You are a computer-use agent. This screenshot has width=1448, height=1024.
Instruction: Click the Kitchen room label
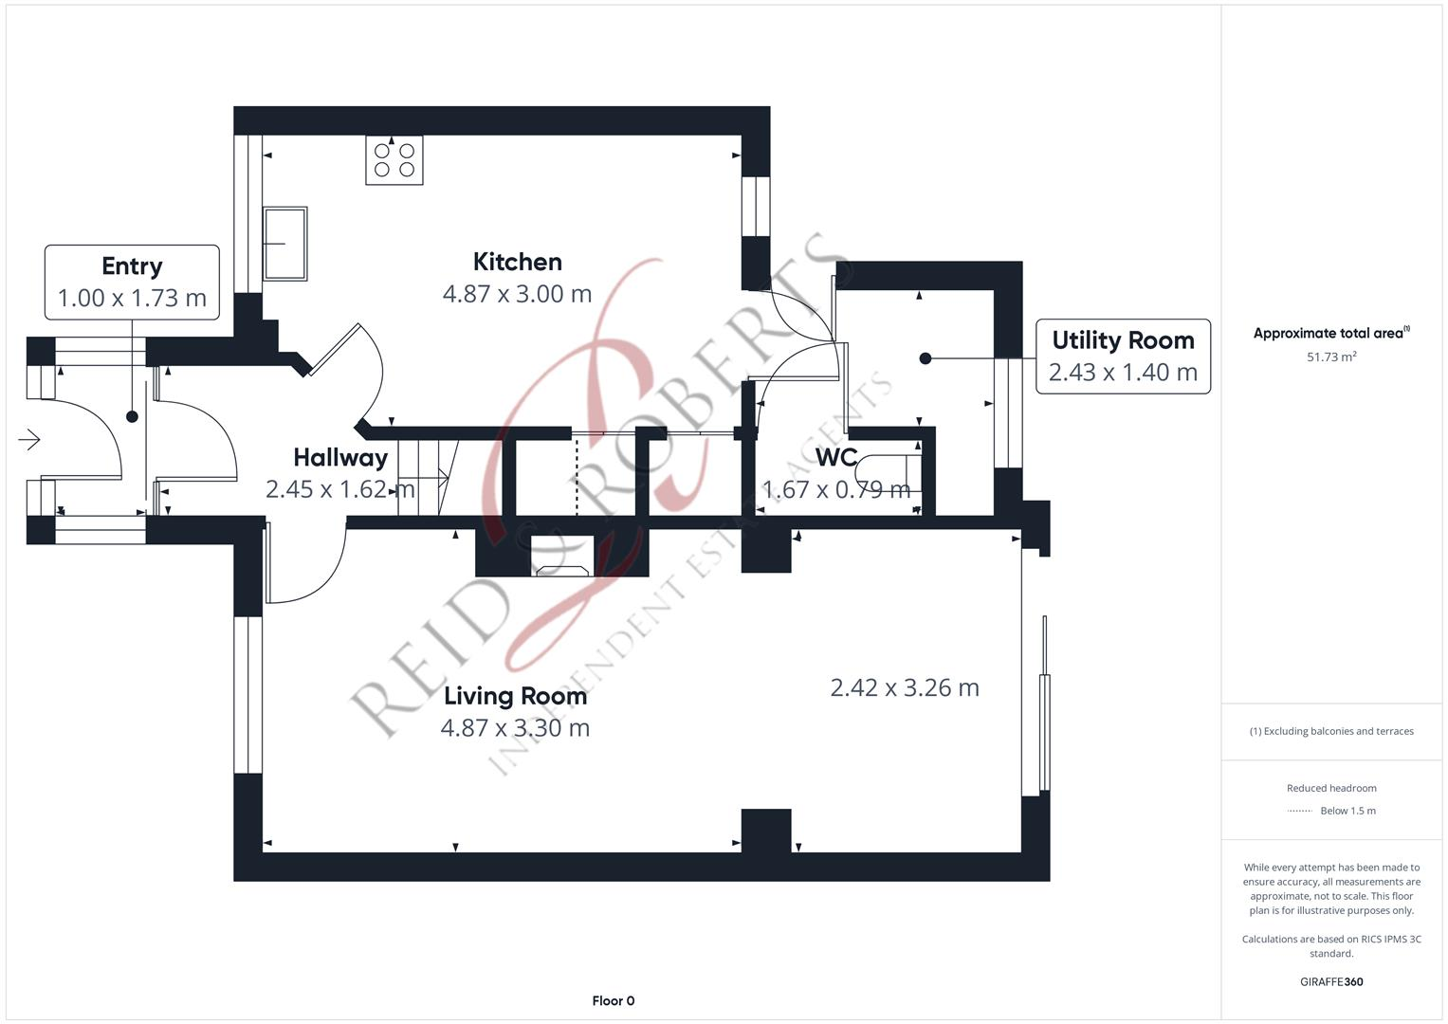click(517, 262)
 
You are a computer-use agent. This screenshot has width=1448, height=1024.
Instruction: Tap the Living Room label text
click(515, 696)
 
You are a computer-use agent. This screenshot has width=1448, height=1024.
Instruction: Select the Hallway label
click(340, 458)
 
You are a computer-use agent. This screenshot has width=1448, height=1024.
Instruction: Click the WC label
click(835, 457)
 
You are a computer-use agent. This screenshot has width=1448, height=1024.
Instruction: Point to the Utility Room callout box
click(1123, 357)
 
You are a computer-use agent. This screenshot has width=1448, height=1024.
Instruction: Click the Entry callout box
click(132, 282)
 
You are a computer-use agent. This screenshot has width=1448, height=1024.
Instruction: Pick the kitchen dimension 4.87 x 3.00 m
click(517, 294)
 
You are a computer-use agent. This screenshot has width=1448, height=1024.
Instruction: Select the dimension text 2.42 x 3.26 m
click(905, 687)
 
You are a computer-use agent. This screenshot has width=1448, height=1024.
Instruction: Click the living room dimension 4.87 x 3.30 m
click(515, 728)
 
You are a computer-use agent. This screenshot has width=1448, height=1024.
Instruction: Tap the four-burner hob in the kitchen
click(394, 159)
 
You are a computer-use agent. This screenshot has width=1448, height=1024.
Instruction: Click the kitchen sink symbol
click(285, 243)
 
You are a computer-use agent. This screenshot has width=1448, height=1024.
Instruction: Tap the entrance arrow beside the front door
click(29, 440)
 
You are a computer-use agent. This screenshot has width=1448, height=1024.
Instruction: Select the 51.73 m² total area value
click(1331, 357)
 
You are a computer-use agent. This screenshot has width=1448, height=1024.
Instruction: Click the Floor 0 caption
click(614, 1000)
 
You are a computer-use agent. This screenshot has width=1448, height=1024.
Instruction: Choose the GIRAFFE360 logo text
click(1331, 981)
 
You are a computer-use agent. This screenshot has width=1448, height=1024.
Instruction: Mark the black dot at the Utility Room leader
click(926, 358)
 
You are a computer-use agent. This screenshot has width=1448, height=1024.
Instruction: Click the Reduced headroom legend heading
click(1331, 788)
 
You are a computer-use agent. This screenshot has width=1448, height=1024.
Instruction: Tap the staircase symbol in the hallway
click(428, 478)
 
